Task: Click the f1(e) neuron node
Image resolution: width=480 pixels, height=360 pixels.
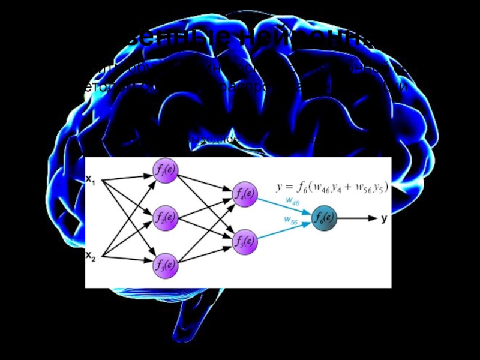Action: [166, 170]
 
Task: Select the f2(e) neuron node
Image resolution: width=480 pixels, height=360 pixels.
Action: [166, 217]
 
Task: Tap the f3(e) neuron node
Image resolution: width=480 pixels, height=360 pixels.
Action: [166, 264]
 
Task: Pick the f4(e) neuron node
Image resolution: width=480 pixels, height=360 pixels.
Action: [244, 193]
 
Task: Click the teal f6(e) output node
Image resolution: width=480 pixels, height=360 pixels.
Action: [325, 218]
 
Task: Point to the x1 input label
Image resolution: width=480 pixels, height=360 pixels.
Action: [91, 178]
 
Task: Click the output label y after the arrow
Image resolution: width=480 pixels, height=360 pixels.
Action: [384, 218]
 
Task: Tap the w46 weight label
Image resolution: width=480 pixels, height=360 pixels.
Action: [292, 202]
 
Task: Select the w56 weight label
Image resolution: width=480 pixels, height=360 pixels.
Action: [291, 221]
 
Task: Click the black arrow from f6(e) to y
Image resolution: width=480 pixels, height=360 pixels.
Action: [357, 218]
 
